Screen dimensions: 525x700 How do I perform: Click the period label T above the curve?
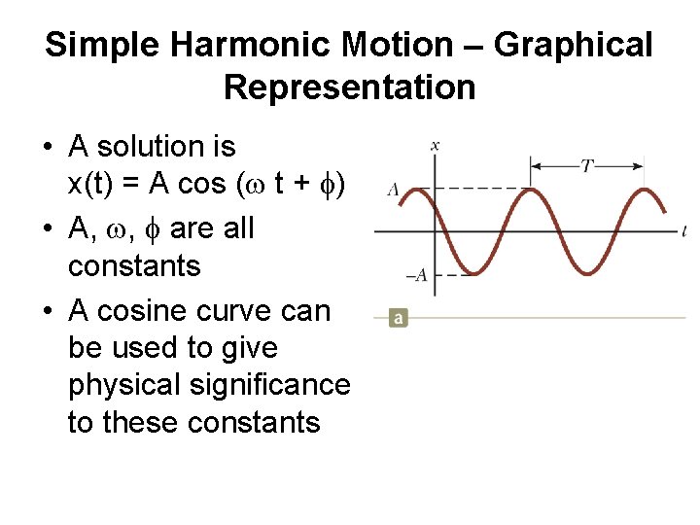587,166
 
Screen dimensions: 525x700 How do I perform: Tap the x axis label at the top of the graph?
435,146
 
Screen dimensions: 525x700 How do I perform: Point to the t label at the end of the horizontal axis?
684,231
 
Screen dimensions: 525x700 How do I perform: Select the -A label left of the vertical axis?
415,275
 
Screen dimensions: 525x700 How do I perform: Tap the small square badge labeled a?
398,318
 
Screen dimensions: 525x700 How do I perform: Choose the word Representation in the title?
350,87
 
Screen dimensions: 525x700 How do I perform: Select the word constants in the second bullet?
134,265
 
